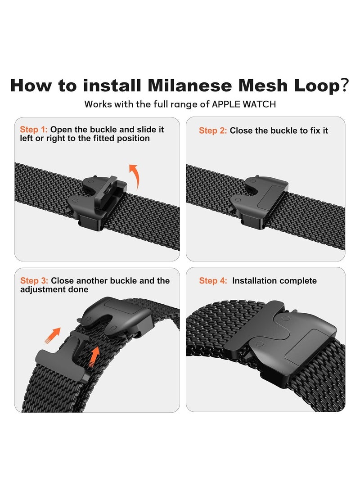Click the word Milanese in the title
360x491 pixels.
tap(193, 85)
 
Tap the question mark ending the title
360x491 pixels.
tap(344, 85)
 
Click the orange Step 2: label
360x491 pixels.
tap(213, 131)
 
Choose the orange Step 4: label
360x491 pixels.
tap(213, 281)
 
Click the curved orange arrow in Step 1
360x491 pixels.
tap(135, 176)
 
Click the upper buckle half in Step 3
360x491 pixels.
tap(112, 317)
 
